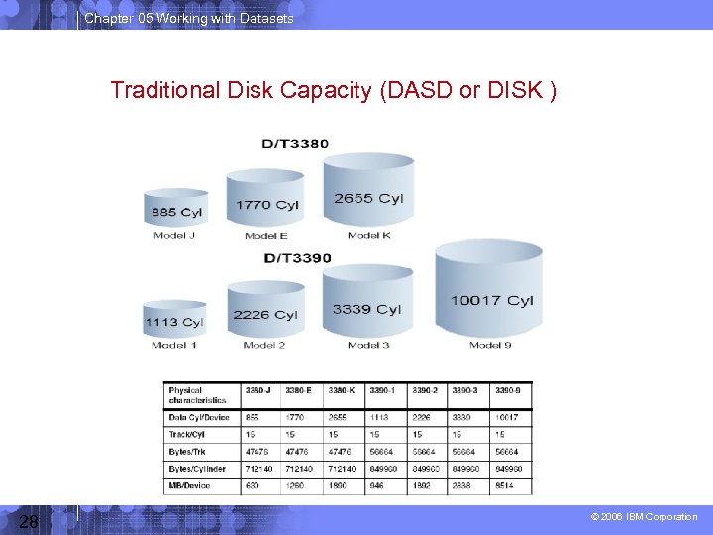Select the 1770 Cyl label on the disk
click(x=267, y=205)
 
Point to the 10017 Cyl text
click(x=491, y=300)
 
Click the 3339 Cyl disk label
click(x=366, y=309)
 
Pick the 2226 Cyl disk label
click(x=265, y=315)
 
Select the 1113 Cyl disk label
click(x=173, y=322)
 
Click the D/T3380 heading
click(x=295, y=144)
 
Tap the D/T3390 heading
click(x=297, y=258)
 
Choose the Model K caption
click(x=369, y=236)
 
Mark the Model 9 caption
click(x=491, y=345)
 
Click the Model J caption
click(x=174, y=236)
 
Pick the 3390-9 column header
click(x=508, y=390)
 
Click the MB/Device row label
click(x=190, y=485)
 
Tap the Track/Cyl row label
click(x=186, y=434)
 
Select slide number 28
click(x=29, y=521)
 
